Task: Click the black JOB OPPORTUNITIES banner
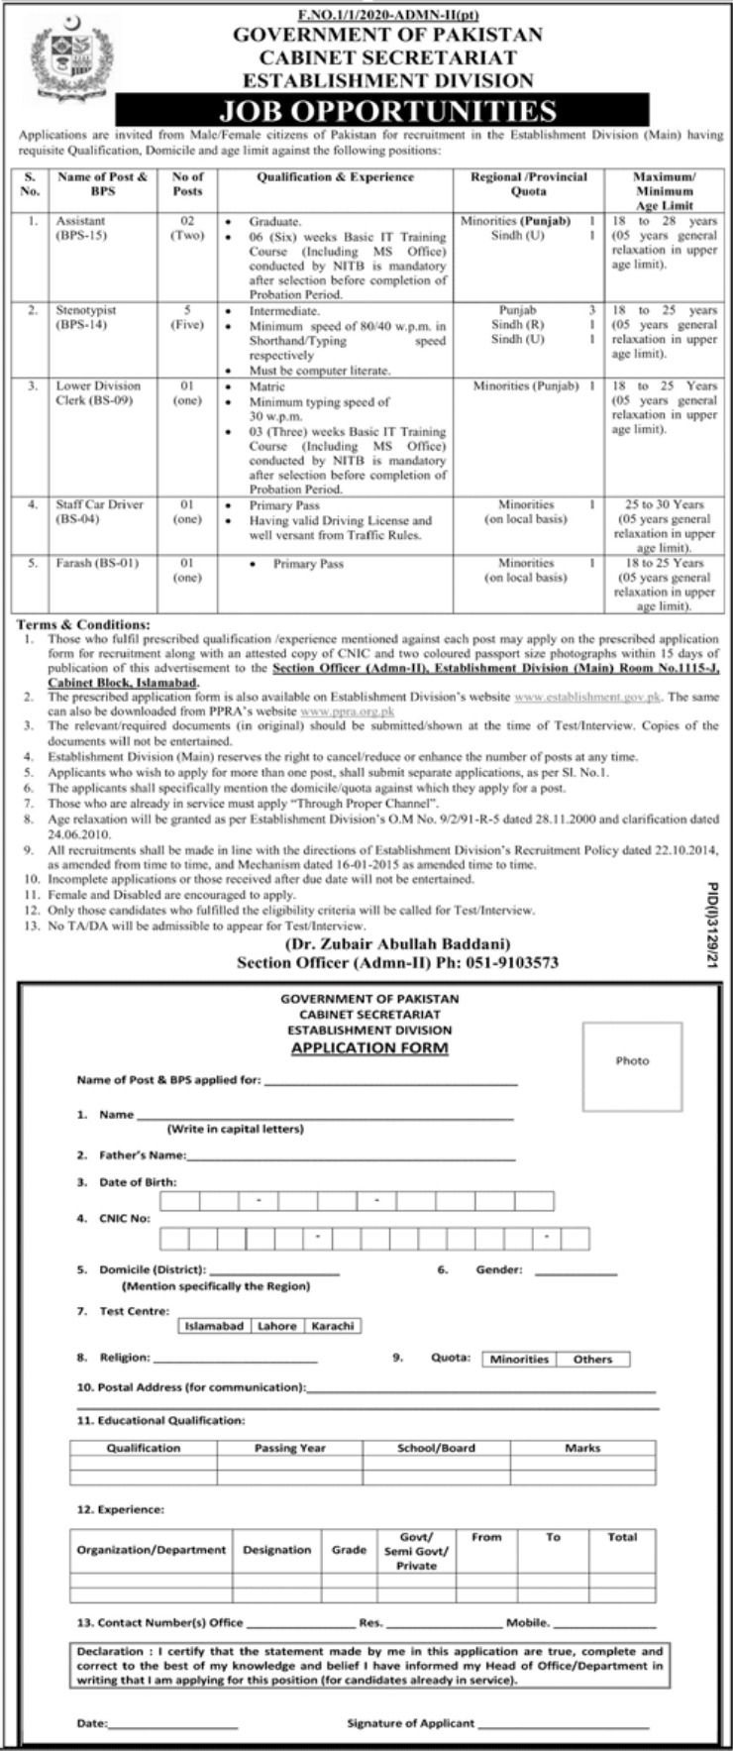[382, 109]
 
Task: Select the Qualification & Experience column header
[335, 177]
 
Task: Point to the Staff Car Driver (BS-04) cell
[98, 511]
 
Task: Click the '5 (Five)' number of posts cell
[187, 317]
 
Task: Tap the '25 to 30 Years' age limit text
[664, 504]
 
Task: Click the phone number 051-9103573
[518, 961]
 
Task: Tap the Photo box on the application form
[632, 1061]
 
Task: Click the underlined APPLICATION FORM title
[369, 1047]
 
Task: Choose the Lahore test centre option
[276, 1326]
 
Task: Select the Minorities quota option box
[519, 1360]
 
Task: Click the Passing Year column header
[289, 1448]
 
